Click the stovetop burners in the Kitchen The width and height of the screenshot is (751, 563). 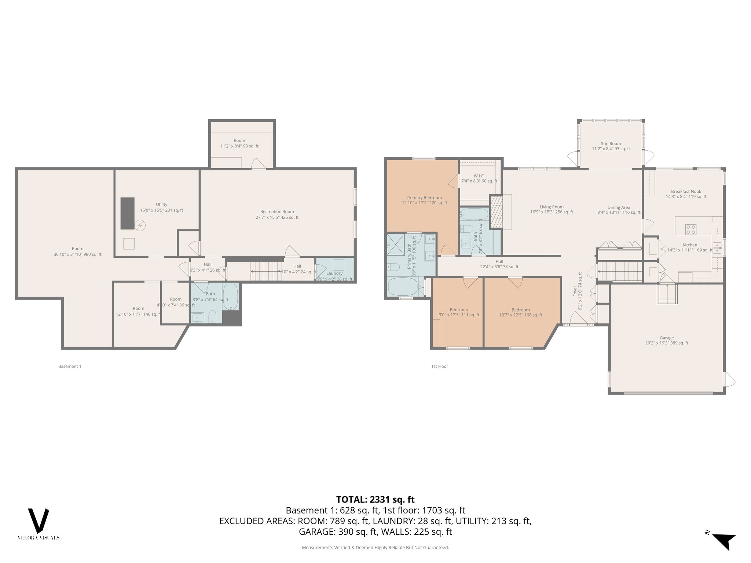690,229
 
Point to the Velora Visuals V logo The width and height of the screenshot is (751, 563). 39,521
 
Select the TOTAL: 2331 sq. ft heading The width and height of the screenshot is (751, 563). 375,499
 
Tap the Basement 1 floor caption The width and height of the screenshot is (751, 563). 70,366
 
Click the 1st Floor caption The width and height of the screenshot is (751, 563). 440,366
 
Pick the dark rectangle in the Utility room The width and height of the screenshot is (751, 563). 128,213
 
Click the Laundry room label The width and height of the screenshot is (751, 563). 334,273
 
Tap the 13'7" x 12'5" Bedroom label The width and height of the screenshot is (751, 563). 520,312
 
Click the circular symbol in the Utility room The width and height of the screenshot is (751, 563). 139,225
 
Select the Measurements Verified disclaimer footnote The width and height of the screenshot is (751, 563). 375,548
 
